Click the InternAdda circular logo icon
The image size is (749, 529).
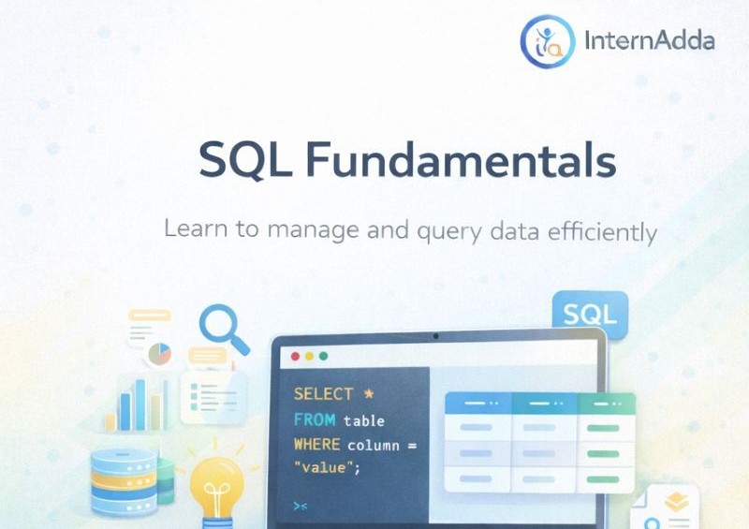tap(547, 40)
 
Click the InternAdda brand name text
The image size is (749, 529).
tap(648, 41)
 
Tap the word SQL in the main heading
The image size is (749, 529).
tap(244, 161)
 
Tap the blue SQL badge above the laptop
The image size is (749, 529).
tap(590, 315)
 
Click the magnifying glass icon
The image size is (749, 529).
tap(222, 329)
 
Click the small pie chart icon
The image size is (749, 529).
tap(159, 353)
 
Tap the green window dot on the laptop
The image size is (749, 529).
tap(324, 357)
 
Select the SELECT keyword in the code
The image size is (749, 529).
tap(323, 394)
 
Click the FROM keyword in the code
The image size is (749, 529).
tap(314, 419)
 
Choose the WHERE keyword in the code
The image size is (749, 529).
tap(317, 444)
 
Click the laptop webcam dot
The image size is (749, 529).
tap(435, 334)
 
